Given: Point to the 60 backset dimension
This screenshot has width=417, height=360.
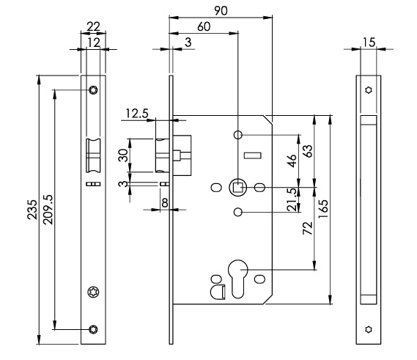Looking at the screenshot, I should click(204, 26).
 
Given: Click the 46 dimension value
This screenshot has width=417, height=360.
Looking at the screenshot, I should click(292, 161).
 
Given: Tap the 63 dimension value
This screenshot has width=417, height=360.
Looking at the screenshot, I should click(309, 151).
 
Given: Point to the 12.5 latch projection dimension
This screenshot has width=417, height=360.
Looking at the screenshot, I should click(137, 114).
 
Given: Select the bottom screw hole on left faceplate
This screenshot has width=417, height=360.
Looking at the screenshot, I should click(93, 329).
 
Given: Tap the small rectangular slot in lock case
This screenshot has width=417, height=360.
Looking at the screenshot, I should click(252, 155).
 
